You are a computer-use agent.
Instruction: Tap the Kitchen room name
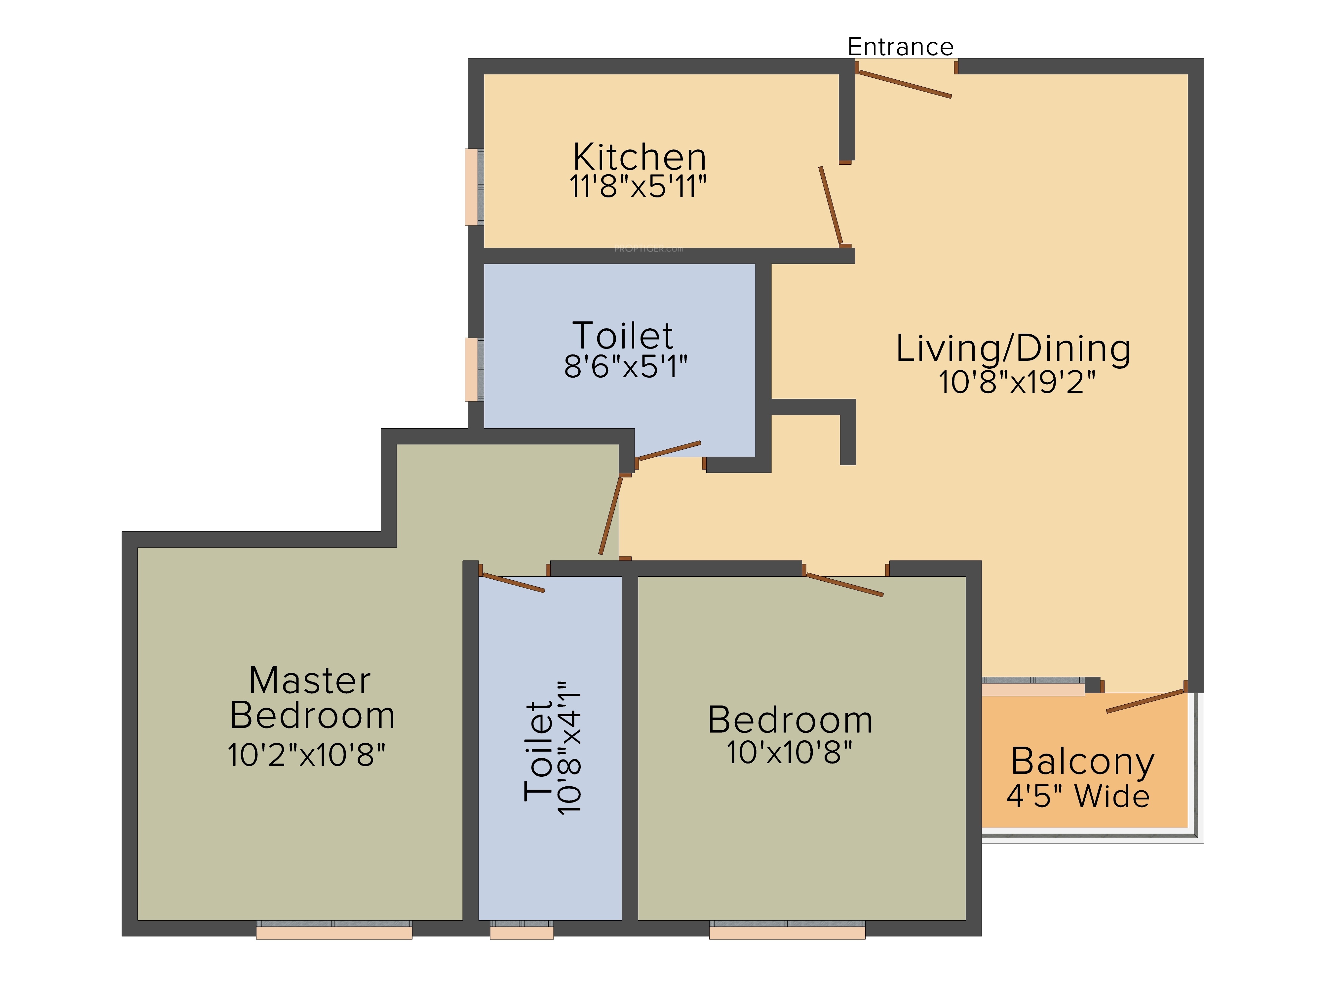[640, 157]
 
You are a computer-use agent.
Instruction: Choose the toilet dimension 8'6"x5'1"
[626, 366]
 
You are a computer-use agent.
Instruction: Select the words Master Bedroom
[312, 698]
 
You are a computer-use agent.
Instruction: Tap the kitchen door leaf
[831, 205]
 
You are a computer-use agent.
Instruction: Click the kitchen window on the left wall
[474, 187]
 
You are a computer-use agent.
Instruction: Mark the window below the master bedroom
[334, 930]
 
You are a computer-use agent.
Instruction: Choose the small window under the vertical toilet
[522, 930]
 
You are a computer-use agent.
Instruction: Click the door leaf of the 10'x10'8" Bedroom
[844, 584]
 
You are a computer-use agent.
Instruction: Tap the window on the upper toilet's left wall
[474, 370]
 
